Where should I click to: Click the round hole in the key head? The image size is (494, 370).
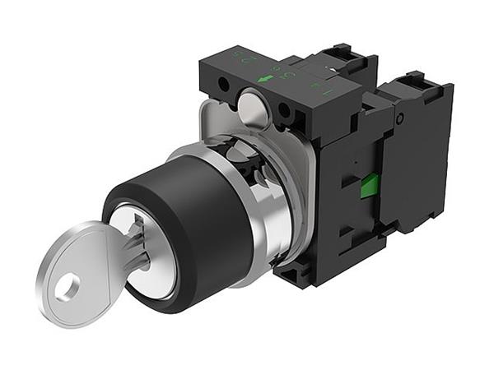click(67, 287)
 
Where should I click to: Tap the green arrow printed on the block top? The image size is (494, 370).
click(265, 79)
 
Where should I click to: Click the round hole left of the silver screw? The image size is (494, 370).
click(222, 84)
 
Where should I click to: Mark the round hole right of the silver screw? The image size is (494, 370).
click(284, 109)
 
